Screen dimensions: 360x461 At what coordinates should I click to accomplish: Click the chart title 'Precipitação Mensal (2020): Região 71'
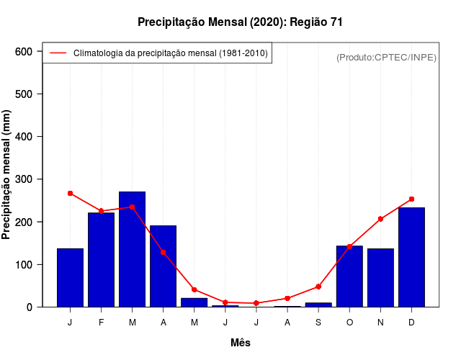(240, 22)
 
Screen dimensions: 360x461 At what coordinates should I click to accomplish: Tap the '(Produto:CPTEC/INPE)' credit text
(386, 57)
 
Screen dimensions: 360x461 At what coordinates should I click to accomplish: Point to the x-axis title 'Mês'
(240, 343)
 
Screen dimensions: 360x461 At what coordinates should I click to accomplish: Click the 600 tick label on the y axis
(24, 52)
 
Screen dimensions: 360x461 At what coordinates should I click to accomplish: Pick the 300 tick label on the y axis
(24, 179)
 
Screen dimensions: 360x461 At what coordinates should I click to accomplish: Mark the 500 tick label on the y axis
(24, 94)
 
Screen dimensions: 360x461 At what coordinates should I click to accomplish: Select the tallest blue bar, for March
(133, 249)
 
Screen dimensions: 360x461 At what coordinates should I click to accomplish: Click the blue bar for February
(102, 259)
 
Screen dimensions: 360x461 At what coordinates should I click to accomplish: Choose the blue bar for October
(349, 276)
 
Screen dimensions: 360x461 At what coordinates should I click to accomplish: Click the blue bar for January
(71, 277)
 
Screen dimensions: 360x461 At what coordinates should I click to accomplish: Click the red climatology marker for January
(71, 193)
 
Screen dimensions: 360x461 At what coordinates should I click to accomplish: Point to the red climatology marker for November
(380, 219)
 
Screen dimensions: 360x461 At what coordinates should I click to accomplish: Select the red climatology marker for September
(318, 287)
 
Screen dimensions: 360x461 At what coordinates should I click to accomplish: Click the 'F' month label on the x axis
(102, 322)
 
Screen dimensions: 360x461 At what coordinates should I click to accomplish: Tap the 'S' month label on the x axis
(318, 322)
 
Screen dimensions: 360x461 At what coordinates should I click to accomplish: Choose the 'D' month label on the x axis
(411, 322)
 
